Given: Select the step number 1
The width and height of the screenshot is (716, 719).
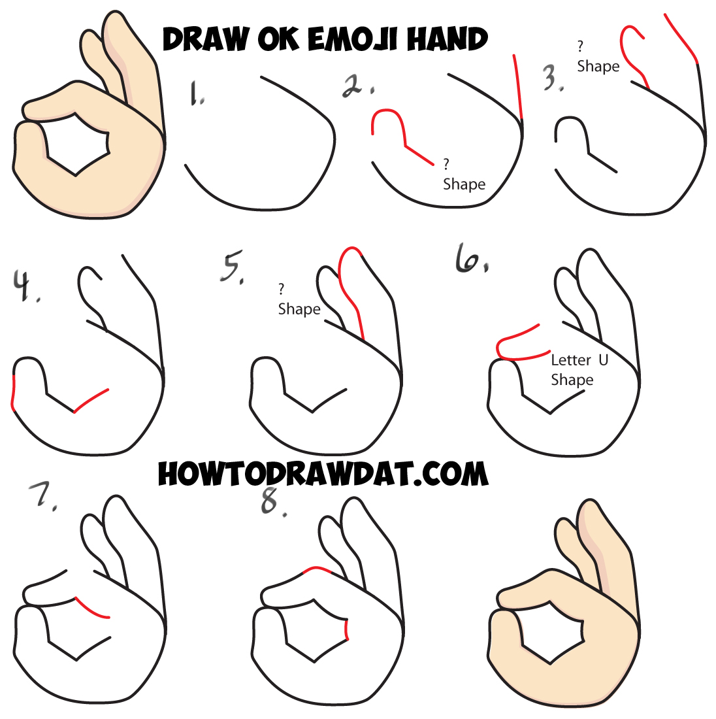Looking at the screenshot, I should [x=197, y=93].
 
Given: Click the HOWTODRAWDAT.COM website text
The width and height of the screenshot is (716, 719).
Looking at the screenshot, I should [x=323, y=474].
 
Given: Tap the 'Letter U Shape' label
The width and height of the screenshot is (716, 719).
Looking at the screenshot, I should [x=578, y=370].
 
